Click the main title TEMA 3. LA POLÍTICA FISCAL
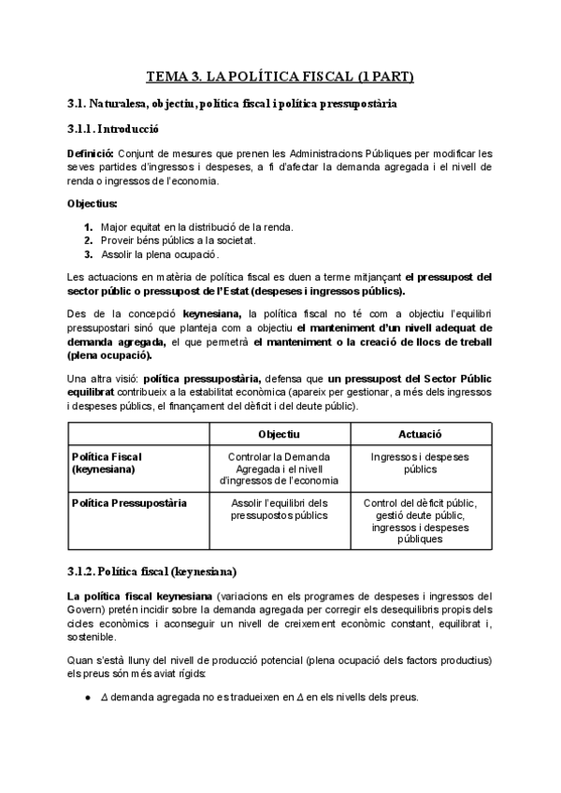click(280, 76)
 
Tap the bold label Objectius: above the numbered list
click(93, 203)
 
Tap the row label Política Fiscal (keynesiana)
click(107, 462)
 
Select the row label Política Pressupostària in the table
click(128, 502)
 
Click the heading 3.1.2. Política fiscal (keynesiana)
click(151, 570)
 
